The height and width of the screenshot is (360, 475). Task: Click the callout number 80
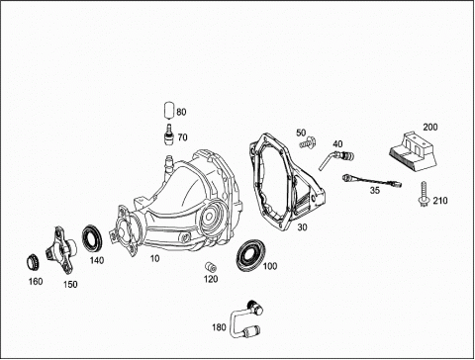point(181,112)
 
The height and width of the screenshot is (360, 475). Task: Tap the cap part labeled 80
point(169,110)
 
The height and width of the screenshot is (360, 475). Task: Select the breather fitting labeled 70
point(169,135)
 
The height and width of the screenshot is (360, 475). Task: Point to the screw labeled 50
point(309,142)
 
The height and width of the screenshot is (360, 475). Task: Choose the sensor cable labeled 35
point(372,181)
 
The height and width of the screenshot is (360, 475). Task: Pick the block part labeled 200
point(413,151)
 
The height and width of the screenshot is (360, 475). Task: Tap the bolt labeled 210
point(423,194)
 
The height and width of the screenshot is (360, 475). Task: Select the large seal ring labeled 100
point(250,256)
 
